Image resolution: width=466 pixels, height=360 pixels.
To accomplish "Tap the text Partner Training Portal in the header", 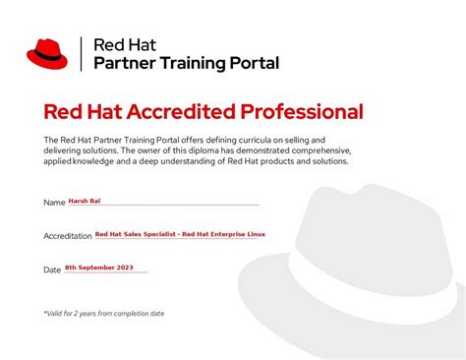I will click(x=186, y=63).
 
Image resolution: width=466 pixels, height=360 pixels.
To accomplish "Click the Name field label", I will click(x=54, y=203).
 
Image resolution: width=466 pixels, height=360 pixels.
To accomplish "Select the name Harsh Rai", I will click(x=85, y=201).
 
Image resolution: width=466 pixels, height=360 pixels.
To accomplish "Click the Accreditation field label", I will click(x=68, y=236).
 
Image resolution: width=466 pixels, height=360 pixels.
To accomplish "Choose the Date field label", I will click(x=52, y=270).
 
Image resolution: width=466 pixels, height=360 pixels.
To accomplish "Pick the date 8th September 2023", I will click(x=99, y=268).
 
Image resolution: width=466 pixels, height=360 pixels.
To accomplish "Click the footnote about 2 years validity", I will click(x=104, y=314).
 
